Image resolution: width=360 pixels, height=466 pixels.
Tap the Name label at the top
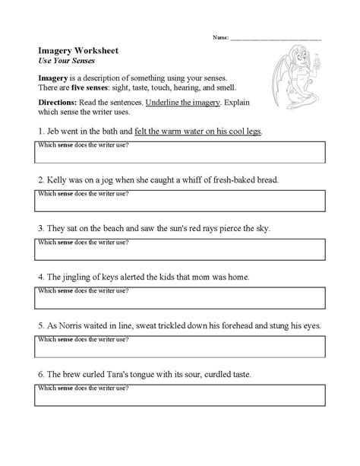point(219,36)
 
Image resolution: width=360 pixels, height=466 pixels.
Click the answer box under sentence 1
point(180,152)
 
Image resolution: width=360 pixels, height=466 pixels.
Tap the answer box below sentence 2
point(180,201)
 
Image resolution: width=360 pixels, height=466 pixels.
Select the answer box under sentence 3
point(180,249)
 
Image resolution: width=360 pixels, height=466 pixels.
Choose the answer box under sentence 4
point(180,298)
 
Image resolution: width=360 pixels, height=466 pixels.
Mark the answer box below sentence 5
point(180,347)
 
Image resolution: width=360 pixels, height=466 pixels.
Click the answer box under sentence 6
point(180,395)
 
